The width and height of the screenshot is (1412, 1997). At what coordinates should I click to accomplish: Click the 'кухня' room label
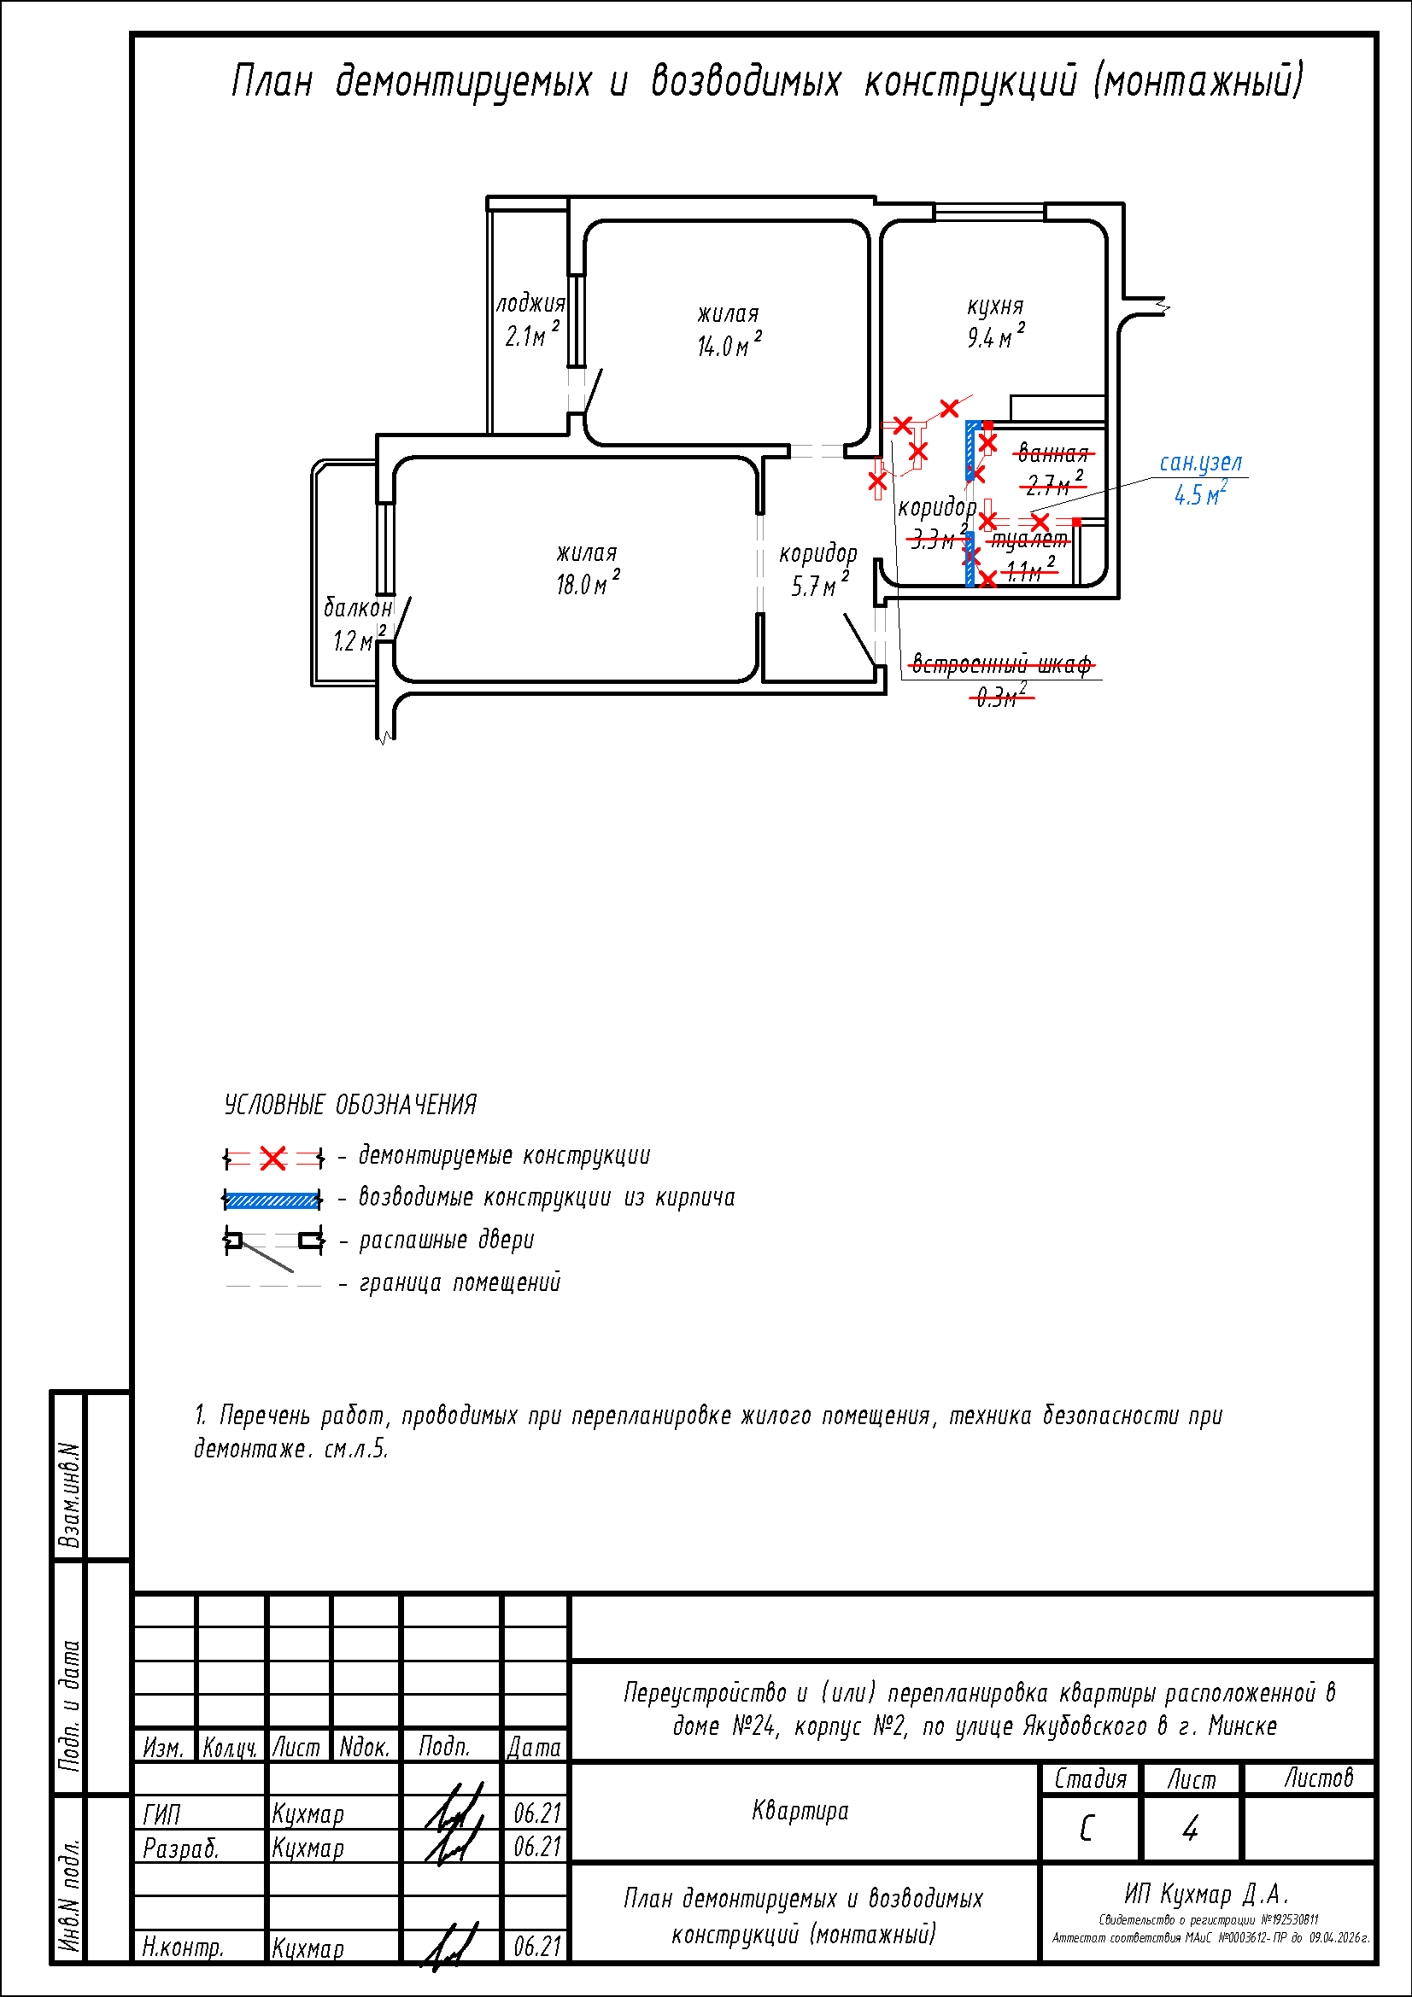(x=995, y=307)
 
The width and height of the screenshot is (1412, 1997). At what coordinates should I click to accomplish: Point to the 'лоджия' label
(x=530, y=304)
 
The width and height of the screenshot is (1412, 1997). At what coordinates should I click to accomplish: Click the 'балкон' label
(x=358, y=607)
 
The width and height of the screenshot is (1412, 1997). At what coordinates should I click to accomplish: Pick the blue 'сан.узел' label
(x=1201, y=463)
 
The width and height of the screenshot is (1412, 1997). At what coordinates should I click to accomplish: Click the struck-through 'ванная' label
(x=1052, y=453)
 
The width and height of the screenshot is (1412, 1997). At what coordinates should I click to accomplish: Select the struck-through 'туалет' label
(x=1029, y=540)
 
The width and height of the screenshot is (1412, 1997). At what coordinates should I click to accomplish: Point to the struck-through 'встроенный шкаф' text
(x=1000, y=665)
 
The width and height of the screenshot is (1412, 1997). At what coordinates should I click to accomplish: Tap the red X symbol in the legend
(x=273, y=1159)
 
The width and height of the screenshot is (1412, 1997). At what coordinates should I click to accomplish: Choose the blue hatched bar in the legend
(x=272, y=1200)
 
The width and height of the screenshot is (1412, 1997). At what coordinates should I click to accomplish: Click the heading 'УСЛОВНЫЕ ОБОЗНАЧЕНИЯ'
(x=350, y=1106)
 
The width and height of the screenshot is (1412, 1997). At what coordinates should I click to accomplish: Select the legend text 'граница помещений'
(x=460, y=1283)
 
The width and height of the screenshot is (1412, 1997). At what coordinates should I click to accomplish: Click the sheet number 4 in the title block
(x=1190, y=1830)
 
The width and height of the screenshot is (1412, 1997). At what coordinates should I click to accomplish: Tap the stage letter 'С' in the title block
(x=1087, y=1830)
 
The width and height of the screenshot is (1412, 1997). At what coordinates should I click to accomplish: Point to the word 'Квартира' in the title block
(x=800, y=1811)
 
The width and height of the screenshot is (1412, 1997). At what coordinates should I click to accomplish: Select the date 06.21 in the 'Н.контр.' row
(x=536, y=1947)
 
